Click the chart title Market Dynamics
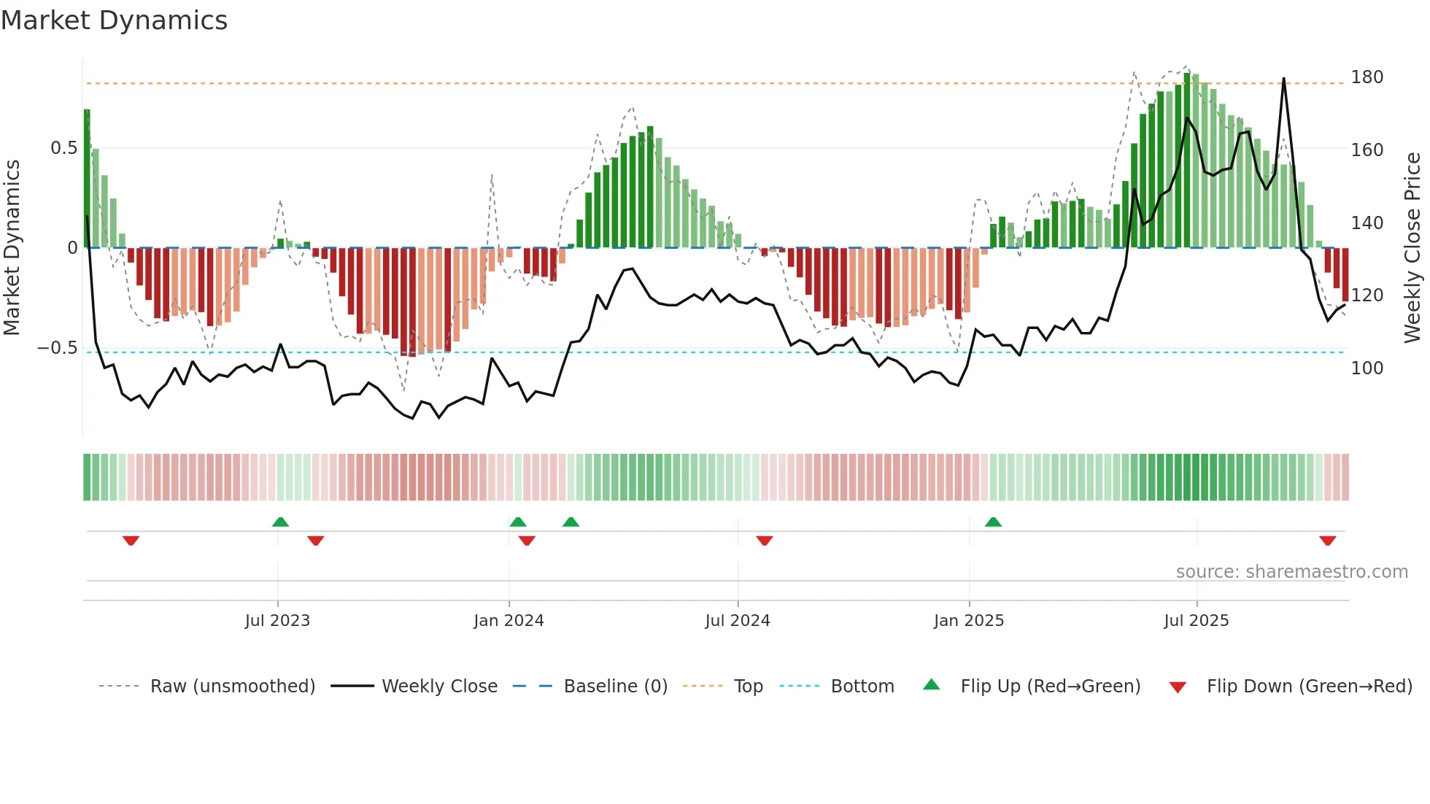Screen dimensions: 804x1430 tap(114, 20)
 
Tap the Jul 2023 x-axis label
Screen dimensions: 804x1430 tap(277, 621)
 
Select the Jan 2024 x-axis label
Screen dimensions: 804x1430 tap(509, 621)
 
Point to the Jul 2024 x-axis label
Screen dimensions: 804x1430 tap(737, 621)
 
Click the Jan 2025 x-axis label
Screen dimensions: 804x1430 tap(968, 621)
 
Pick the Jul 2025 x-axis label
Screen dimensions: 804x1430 tap(1196, 621)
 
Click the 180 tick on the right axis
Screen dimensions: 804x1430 tap(1367, 77)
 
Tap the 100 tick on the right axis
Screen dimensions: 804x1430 tap(1367, 368)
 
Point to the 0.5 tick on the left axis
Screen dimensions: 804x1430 tap(63, 148)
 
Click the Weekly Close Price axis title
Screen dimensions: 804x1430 tap(1412, 248)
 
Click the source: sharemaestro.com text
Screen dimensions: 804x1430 tap(1291, 572)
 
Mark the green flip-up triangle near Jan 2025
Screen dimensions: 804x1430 tap(993, 522)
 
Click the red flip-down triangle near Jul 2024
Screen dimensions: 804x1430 tap(764, 541)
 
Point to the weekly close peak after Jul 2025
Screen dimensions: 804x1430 tap(1283, 79)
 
